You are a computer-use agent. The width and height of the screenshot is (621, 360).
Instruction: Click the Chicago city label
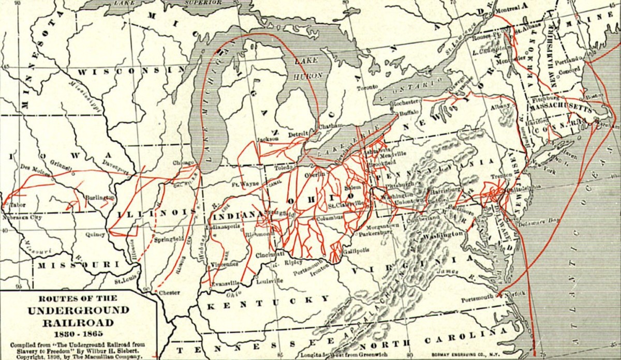tap(183, 162)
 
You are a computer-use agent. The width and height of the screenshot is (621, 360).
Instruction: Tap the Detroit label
tap(298, 134)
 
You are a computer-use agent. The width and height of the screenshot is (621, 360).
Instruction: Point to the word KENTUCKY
tap(268, 303)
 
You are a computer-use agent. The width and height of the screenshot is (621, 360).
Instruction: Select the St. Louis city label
tap(125, 281)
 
